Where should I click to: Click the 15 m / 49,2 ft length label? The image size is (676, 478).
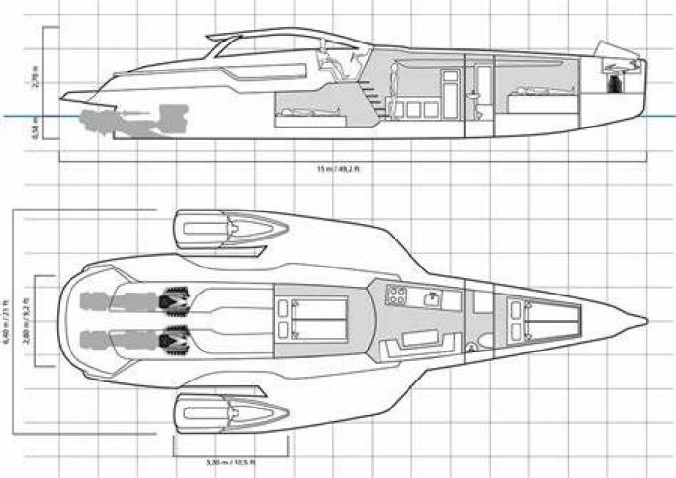tap(337, 168)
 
